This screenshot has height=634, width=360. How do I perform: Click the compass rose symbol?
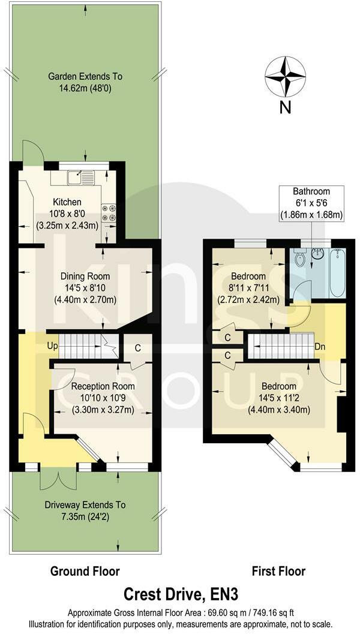[285, 76]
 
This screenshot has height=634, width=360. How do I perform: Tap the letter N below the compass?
[285, 108]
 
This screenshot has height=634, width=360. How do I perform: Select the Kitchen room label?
[67, 202]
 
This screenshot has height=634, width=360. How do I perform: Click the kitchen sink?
[80, 178]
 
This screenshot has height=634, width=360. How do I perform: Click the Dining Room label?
[85, 277]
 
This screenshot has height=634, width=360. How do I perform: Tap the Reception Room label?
[103, 386]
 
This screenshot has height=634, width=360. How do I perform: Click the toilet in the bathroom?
[300, 260]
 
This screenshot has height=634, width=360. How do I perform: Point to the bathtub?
[337, 273]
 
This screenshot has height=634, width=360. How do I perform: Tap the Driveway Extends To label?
[85, 505]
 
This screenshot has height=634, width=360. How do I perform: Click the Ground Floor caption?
[85, 571]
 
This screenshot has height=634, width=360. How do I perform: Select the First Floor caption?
[278, 571]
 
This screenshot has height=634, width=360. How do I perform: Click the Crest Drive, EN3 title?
[181, 594]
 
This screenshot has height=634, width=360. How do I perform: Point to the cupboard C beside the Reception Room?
[137, 348]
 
